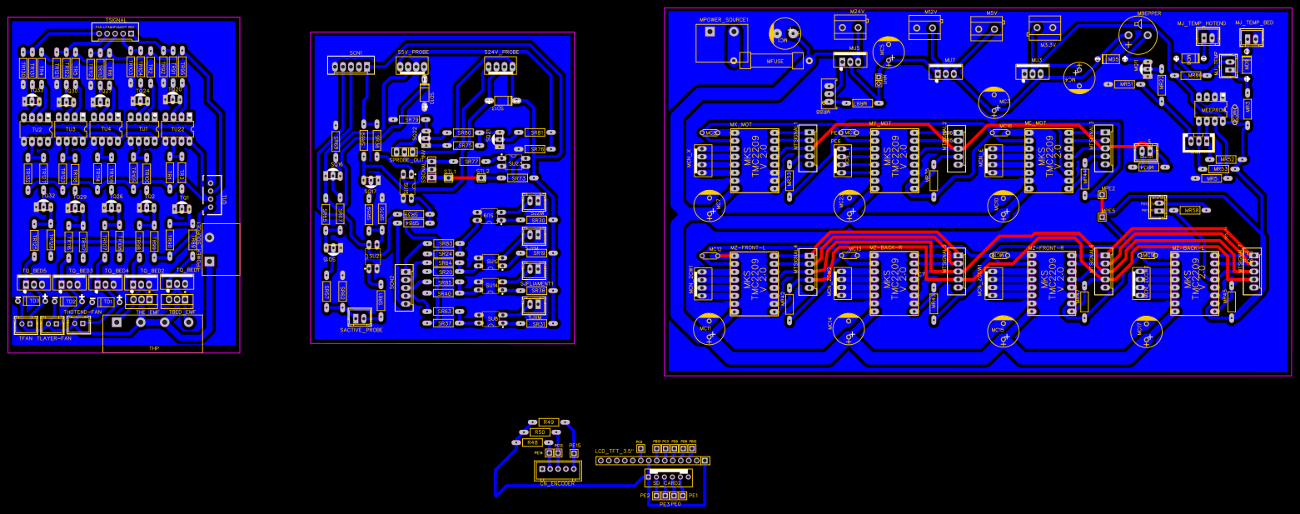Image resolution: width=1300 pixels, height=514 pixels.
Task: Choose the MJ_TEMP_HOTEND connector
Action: coord(1208,37)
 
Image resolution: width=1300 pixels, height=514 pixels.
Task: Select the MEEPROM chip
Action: coord(1210,109)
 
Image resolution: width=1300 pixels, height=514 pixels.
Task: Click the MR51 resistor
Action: coord(1125,84)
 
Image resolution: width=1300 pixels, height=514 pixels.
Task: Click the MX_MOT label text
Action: coord(740,124)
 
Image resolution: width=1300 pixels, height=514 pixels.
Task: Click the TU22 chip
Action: coord(177,129)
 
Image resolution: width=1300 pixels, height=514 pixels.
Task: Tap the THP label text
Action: coord(153,347)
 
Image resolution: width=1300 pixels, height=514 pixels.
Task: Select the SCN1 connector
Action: coord(350,67)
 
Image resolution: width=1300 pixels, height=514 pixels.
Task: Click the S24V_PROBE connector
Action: coord(501,66)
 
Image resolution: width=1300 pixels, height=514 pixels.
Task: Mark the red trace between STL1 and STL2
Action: coord(465,177)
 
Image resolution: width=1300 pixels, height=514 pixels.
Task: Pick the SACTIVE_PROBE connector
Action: coord(360,317)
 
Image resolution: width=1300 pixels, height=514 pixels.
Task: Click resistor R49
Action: coord(548,422)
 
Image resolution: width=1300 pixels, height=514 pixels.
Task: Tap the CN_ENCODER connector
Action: coord(556,471)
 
